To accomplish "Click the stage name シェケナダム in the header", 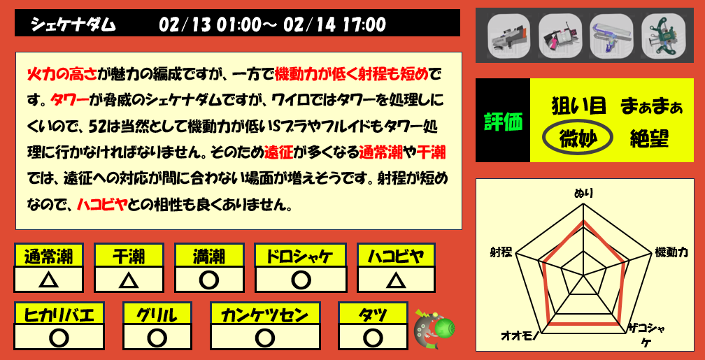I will (x=73, y=25).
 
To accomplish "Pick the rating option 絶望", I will (x=649, y=138).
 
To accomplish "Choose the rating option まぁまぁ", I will (x=650, y=107).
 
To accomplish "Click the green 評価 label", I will (x=503, y=122).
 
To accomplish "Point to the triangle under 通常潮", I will (x=48, y=280).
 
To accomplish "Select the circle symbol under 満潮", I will (x=208, y=280).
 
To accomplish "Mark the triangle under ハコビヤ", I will (x=396, y=280).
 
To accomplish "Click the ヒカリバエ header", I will (x=59, y=313).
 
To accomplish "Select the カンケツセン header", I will (x=264, y=313).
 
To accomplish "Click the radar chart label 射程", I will (x=500, y=252).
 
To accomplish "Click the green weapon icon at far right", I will (x=661, y=36).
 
